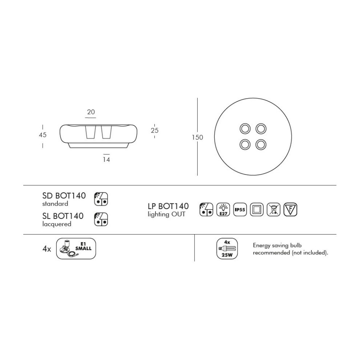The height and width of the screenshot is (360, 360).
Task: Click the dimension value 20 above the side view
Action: tap(91, 112)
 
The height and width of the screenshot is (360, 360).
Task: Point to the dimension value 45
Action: tap(43, 135)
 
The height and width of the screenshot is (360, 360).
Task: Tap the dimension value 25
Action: tap(154, 130)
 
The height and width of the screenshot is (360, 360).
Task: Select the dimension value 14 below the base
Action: tap(106, 159)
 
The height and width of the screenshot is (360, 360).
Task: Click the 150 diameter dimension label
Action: tap(197, 137)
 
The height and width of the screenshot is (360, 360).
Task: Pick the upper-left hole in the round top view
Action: tap(245, 128)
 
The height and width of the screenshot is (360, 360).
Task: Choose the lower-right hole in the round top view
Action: tap(261, 145)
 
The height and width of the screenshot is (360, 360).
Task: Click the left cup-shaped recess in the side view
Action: tap(90, 132)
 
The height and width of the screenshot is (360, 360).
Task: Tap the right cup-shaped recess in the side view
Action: tap(106, 132)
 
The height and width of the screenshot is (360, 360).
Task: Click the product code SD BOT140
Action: tap(64, 196)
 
